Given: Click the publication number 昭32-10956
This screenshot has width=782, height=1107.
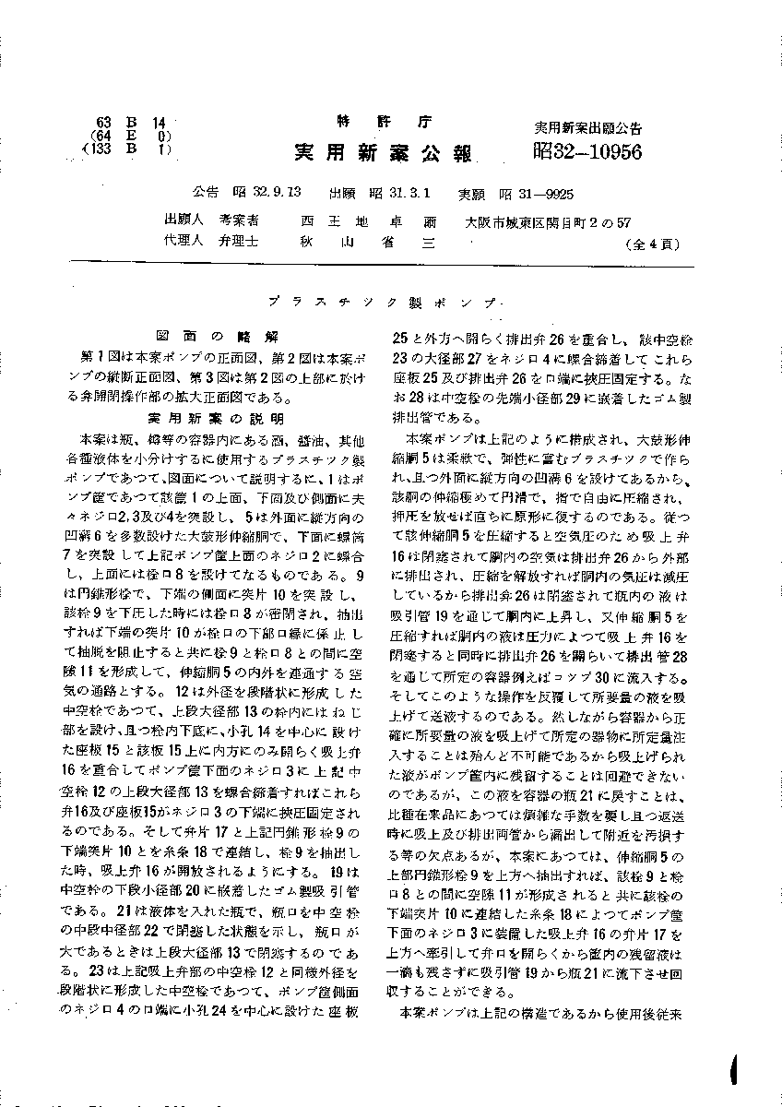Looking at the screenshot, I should (586, 151).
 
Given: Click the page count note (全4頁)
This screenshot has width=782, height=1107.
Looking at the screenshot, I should (652, 245).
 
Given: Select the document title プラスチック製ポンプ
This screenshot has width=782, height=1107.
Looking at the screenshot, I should (390, 302).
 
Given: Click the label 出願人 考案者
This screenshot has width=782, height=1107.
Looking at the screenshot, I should (211, 221).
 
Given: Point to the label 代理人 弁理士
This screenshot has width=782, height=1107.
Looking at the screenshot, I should (211, 244).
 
